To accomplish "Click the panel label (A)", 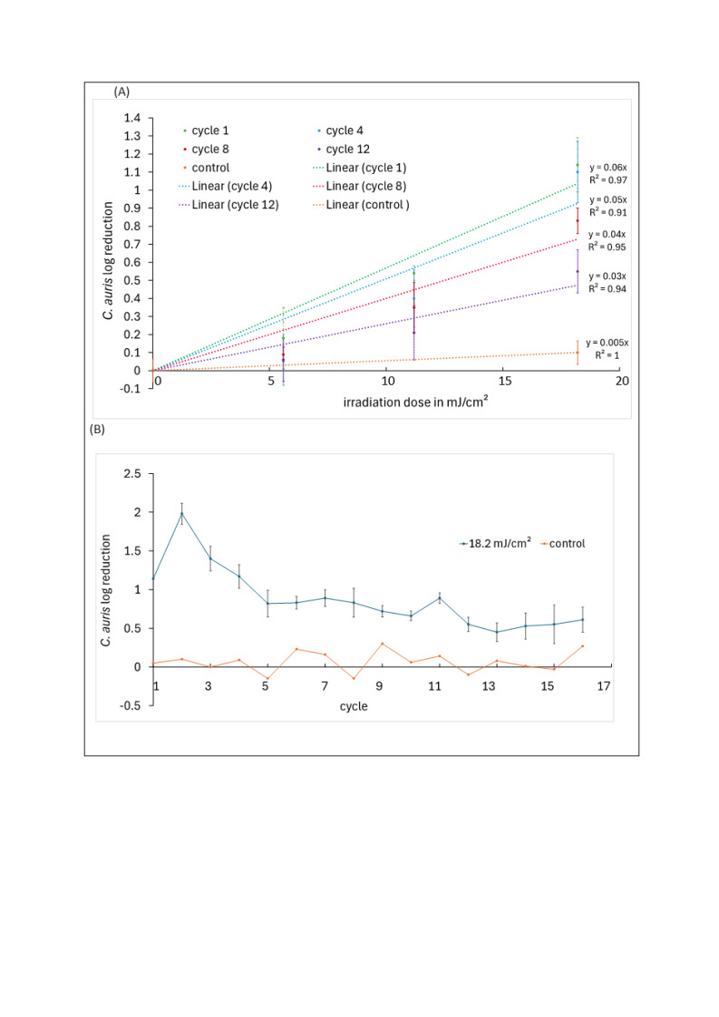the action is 121,92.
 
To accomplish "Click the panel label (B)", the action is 97,430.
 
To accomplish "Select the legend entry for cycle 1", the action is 206,131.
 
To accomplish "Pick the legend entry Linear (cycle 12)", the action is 228,205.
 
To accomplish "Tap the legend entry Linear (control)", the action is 361,205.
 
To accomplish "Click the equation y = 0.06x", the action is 608,168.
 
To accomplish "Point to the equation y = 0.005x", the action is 607,344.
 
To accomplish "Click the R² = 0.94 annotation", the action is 607,289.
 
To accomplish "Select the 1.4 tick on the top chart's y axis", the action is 132,118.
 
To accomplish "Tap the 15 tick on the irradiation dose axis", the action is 505,381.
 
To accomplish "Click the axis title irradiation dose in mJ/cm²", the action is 415,402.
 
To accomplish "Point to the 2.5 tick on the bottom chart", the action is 132,474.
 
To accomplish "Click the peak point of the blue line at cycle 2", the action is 181,514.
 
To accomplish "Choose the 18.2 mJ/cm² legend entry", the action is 496,544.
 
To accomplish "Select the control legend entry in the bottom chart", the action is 563,544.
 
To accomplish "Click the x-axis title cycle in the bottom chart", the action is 354,706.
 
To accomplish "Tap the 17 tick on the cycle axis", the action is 604,686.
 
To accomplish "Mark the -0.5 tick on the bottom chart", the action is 130,706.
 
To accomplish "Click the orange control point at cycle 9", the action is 383,644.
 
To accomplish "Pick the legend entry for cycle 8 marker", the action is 206,150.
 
